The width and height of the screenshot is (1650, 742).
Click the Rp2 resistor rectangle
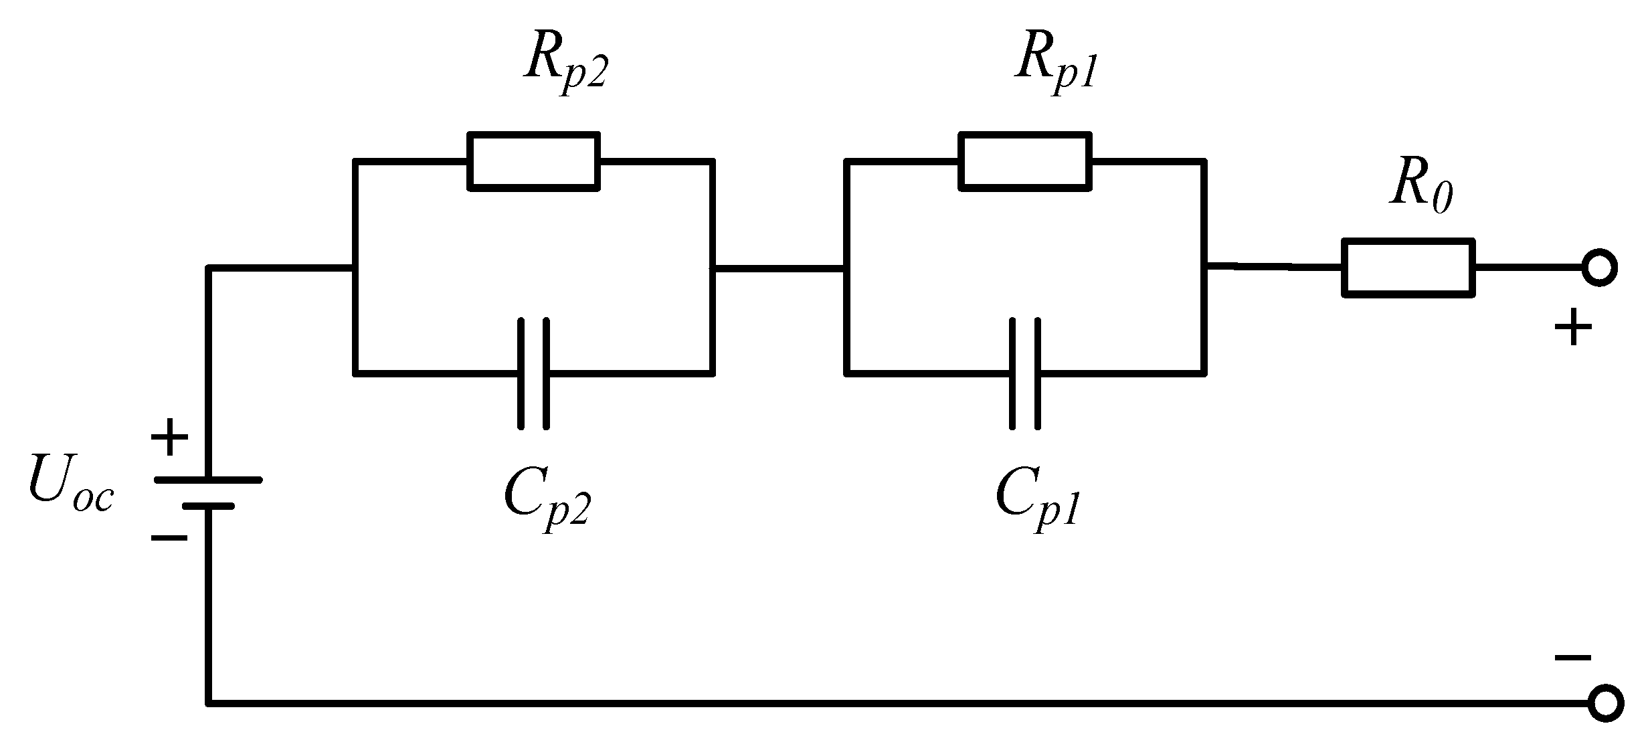coord(533,161)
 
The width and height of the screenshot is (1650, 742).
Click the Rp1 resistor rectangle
coord(1025,161)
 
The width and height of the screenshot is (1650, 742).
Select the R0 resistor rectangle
coord(1408,267)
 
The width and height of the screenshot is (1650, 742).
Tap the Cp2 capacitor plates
coord(533,373)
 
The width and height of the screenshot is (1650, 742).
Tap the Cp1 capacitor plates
coord(1025,373)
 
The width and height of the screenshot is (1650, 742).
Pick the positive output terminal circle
coord(1599,268)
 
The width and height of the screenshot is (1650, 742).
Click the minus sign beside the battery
coord(169,537)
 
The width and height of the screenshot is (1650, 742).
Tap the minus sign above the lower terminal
coord(1573,658)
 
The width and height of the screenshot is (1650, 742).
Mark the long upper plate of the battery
coord(208,480)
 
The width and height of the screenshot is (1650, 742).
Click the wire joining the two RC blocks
coord(780,269)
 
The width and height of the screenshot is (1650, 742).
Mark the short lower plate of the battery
coord(208,506)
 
